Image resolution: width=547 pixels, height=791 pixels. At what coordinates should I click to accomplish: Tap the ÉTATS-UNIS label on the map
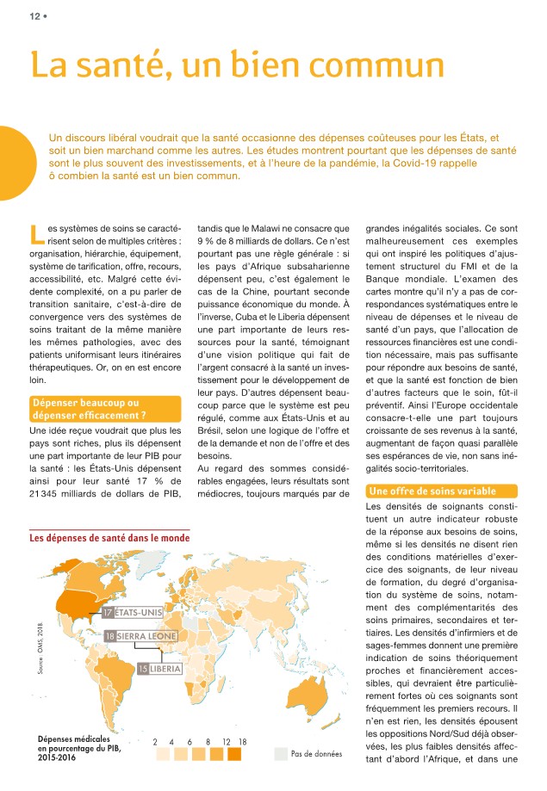click(137, 612)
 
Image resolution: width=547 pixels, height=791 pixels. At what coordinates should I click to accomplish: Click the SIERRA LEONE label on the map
click(148, 636)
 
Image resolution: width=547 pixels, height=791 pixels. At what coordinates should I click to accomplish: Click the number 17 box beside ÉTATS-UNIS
click(108, 612)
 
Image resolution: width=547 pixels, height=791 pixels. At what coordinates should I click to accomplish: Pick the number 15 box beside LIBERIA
click(144, 668)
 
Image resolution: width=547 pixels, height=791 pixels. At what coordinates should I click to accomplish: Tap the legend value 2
click(156, 740)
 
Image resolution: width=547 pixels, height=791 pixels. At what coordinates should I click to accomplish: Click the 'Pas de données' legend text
click(317, 754)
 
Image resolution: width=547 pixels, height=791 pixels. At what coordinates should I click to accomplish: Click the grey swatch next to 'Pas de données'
click(280, 754)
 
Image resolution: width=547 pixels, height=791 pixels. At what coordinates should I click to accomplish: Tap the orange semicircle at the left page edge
click(12, 164)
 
